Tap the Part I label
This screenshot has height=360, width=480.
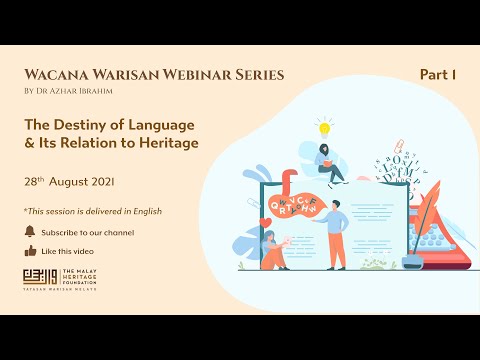[437, 75]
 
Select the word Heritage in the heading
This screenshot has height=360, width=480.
[169, 143]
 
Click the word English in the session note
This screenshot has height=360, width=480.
[146, 211]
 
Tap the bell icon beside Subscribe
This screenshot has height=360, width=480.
[29, 232]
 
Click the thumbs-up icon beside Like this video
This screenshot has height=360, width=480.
[29, 251]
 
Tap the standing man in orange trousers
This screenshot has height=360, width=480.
[336, 234]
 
